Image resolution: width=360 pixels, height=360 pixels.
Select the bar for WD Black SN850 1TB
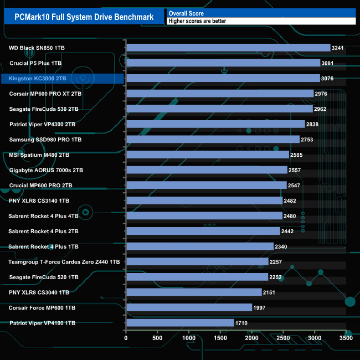(x=228, y=48)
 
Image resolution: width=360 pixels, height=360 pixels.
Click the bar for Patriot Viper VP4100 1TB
(x=180, y=322)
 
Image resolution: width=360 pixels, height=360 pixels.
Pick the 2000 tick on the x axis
(x=252, y=338)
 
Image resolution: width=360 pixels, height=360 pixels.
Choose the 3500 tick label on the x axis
(x=346, y=338)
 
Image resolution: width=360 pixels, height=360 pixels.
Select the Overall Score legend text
(x=186, y=13)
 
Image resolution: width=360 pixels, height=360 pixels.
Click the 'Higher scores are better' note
(x=197, y=21)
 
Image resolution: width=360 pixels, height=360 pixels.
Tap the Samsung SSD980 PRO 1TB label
(x=45, y=140)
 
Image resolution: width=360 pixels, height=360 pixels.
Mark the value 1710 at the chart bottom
(x=241, y=323)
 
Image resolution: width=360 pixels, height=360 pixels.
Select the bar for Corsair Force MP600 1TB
(x=189, y=307)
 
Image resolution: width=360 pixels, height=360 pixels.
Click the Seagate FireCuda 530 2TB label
(x=44, y=109)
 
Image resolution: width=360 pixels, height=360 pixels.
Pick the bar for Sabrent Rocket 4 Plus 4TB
(x=204, y=216)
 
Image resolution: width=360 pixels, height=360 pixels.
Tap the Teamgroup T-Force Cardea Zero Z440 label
(x=64, y=261)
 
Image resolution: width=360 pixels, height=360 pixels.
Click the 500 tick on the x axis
(x=157, y=338)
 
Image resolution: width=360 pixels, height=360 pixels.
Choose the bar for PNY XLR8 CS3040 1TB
(x=194, y=292)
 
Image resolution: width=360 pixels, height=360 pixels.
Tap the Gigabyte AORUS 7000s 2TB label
(x=46, y=170)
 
